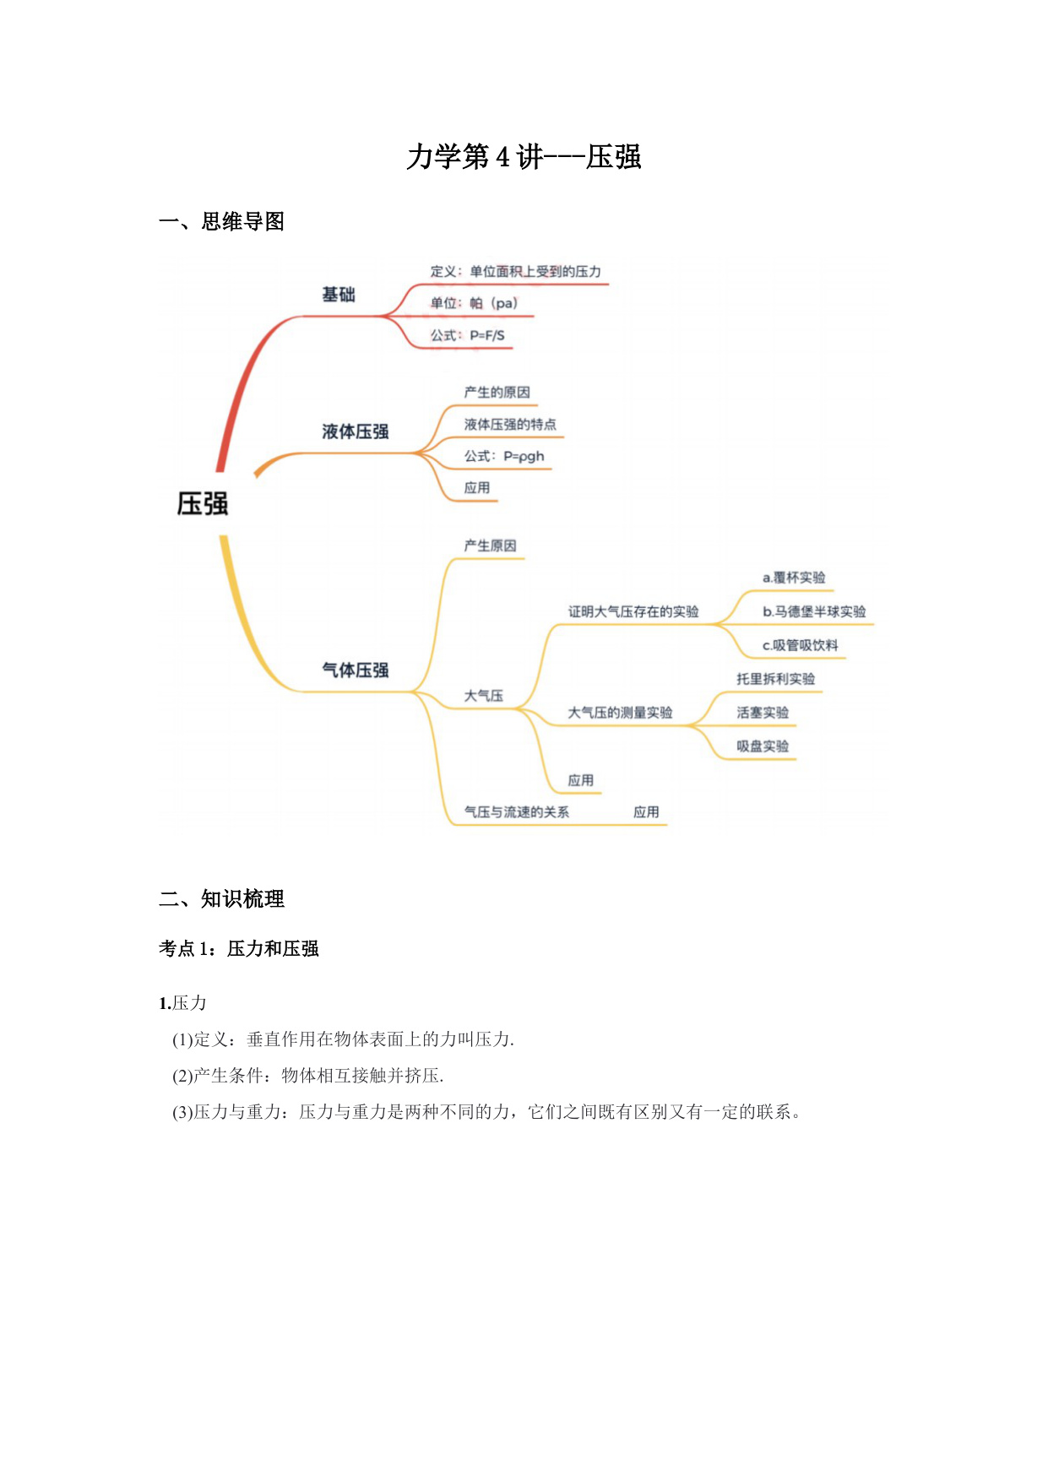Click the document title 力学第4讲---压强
524,157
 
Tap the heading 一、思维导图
221,221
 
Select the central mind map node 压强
203,504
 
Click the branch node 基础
339,295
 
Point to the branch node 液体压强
356,431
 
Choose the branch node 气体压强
356,670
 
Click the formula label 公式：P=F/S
468,335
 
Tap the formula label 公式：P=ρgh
504,456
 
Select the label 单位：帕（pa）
474,303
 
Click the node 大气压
484,696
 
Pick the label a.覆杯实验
794,578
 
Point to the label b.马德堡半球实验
814,611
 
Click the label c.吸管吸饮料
801,645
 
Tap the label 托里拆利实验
776,679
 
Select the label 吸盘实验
763,746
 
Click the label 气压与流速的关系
517,812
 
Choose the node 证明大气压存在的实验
633,611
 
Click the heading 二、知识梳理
221,898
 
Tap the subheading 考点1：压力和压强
239,949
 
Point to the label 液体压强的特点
510,424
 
